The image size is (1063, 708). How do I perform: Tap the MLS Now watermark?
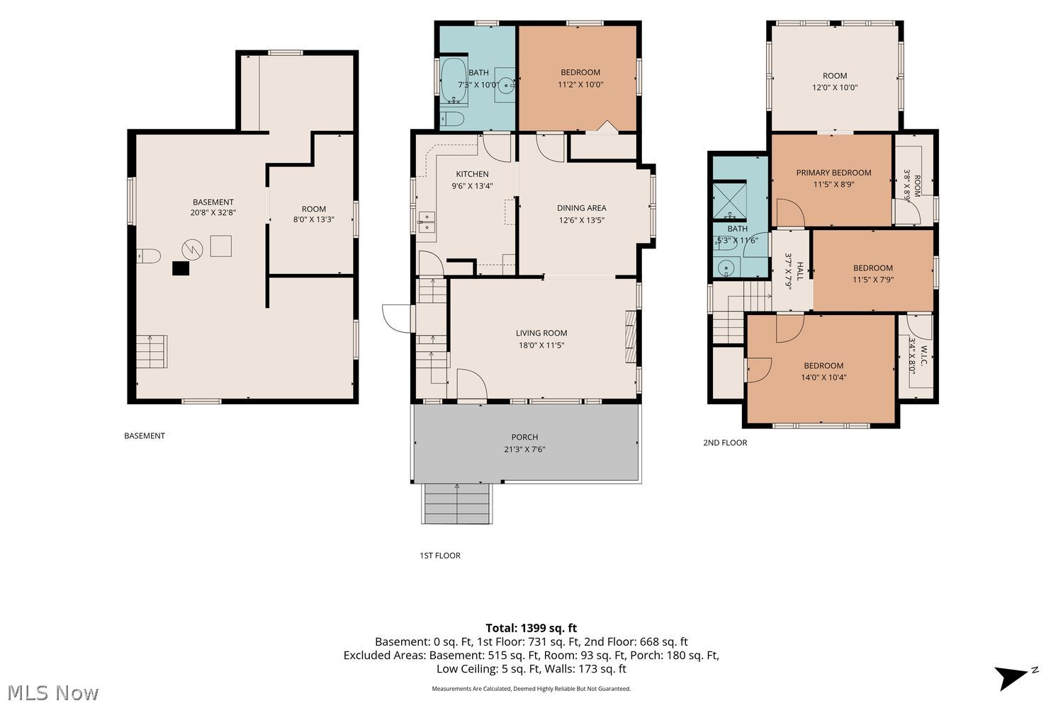click(52, 693)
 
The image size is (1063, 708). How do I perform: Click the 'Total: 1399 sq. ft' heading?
click(531, 628)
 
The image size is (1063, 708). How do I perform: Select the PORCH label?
click(524, 437)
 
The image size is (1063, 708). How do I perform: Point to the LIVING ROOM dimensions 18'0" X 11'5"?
click(541, 346)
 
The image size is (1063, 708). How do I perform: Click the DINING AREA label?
click(581, 207)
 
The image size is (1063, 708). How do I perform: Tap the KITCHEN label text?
click(472, 174)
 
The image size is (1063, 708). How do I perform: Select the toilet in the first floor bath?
click(452, 118)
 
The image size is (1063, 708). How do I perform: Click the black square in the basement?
click(180, 268)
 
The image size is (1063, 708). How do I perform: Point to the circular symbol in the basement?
click(192, 249)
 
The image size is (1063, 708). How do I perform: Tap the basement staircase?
click(152, 351)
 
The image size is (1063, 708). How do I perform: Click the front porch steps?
click(456, 503)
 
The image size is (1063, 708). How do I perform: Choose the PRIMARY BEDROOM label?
click(833, 173)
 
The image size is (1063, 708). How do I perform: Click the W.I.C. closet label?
click(924, 355)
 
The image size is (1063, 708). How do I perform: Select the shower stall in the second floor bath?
click(729, 200)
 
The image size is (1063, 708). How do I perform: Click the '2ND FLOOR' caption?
click(725, 442)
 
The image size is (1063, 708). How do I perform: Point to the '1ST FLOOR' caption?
click(440, 555)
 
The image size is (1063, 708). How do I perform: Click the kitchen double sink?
click(427, 222)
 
